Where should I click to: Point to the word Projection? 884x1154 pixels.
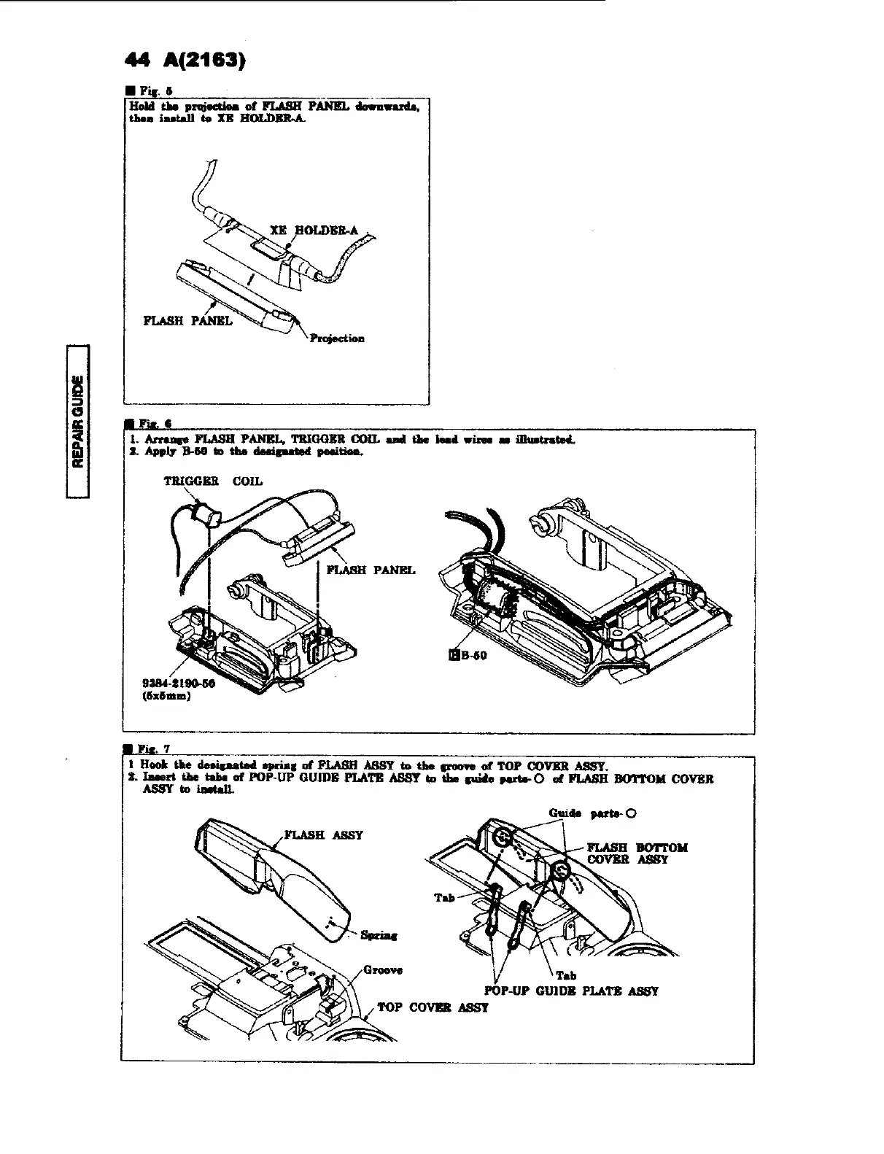point(337,338)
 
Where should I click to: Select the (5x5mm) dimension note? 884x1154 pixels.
point(168,696)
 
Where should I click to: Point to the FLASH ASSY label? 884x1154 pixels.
point(322,834)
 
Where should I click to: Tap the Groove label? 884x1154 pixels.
point(382,970)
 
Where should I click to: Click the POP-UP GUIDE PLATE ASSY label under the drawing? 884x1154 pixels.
point(571,991)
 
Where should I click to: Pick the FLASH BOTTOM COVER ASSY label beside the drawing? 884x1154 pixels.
point(636,853)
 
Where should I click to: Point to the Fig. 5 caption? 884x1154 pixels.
point(149,91)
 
